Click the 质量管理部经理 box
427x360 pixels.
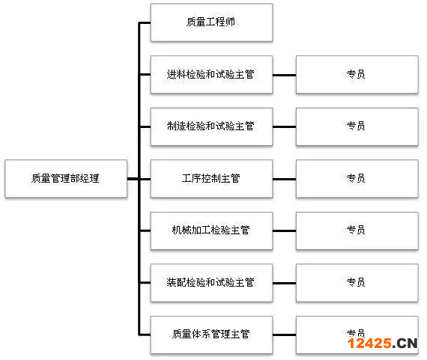66,179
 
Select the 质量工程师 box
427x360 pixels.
211,22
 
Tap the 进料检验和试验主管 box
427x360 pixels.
211,75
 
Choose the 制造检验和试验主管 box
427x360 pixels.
211,126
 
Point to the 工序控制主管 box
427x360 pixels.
211,179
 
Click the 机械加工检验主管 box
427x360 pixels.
211,231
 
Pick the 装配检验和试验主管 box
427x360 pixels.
211,283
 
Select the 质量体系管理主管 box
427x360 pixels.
211,335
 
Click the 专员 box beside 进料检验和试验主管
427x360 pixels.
357,75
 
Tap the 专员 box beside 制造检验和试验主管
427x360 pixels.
357,126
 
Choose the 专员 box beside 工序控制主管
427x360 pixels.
357,179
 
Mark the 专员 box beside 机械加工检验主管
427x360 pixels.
357,231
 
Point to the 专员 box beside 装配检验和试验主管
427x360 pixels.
357,283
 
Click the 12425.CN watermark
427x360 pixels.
382,343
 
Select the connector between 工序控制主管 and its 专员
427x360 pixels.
285,179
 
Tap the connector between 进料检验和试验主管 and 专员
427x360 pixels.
285,75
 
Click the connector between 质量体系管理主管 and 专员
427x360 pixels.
285,335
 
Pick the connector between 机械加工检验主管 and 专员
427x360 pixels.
285,231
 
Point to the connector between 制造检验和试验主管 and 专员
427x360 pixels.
285,126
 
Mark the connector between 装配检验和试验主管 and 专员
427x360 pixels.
285,283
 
